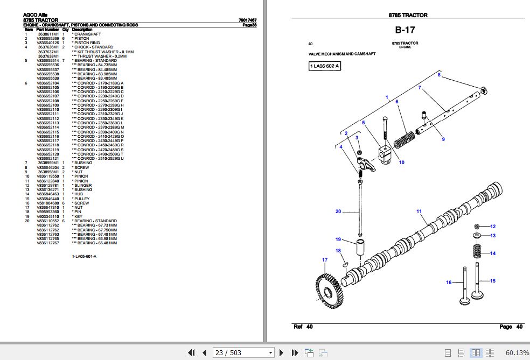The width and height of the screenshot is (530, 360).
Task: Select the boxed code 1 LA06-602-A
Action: (325, 66)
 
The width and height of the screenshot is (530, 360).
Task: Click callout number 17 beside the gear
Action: (325, 260)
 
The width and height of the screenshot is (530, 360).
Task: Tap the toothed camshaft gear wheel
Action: (327, 291)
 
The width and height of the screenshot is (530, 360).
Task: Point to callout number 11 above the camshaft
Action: (419, 211)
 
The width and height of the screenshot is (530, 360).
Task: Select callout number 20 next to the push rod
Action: (338, 211)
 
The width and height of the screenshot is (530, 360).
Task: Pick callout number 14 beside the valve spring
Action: (492, 253)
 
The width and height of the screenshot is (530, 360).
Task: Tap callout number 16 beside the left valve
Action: (448, 283)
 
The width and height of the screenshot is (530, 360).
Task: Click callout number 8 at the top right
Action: (439, 75)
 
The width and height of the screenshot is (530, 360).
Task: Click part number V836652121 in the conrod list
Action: (48, 158)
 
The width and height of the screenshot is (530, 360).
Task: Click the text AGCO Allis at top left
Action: (34, 16)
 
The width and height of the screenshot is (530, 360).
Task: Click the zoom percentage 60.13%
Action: (517, 352)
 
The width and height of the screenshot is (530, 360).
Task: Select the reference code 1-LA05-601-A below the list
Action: (85, 256)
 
